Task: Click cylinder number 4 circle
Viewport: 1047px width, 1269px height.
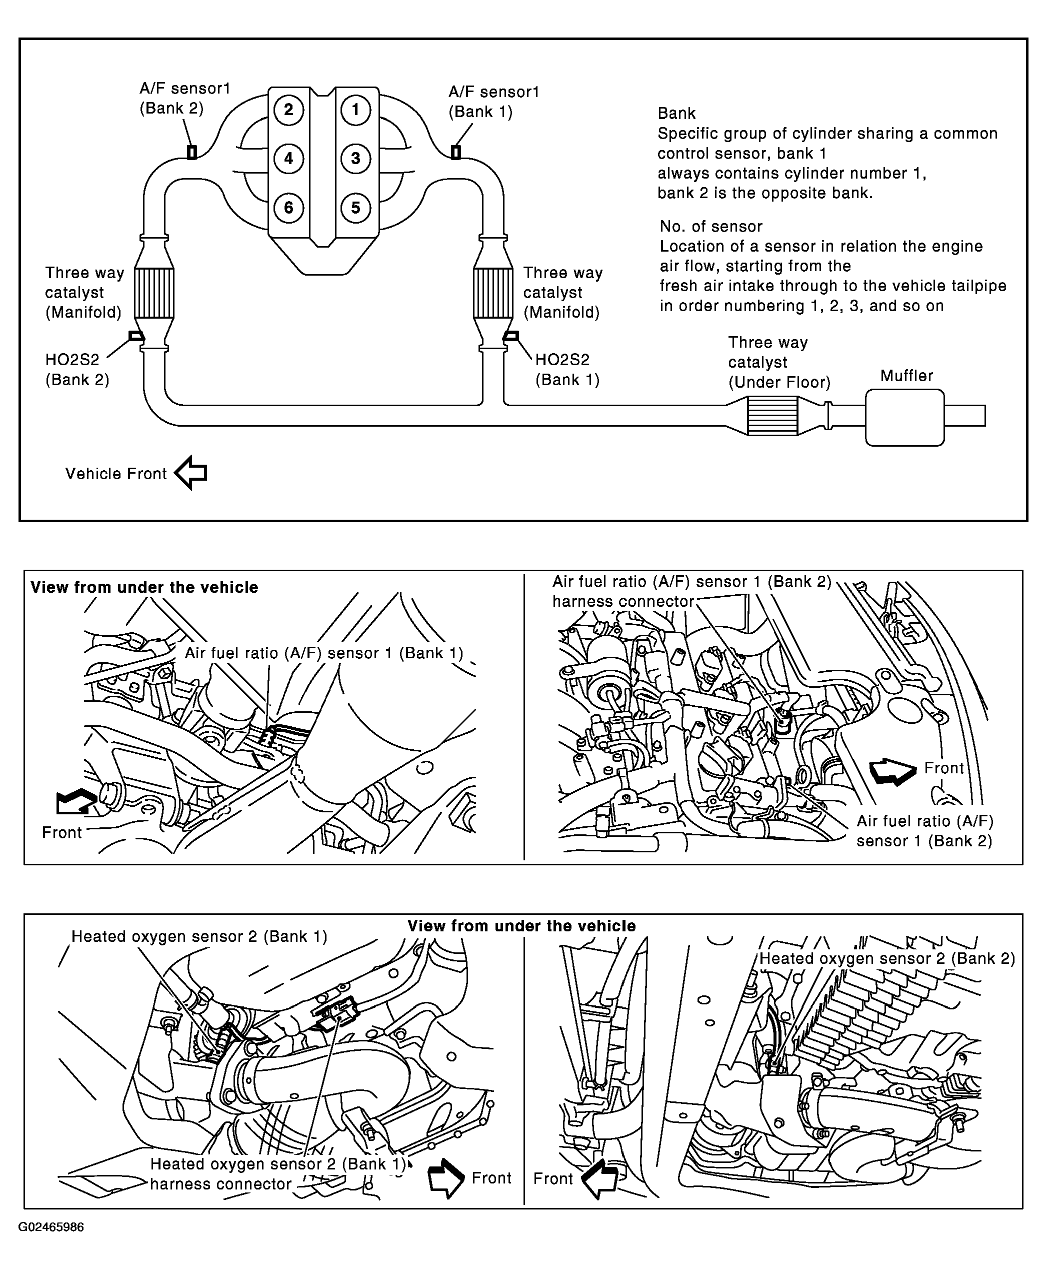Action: [288, 159]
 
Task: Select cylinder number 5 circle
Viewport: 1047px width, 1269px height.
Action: [355, 208]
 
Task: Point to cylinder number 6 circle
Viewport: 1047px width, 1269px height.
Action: [288, 208]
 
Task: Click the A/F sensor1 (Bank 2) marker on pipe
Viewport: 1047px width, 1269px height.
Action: [192, 152]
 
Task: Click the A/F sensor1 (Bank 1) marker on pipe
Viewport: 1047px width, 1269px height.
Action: [456, 152]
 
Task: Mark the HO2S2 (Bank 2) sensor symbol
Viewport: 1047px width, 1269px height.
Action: [136, 336]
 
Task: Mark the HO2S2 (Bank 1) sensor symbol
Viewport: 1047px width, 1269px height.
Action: [511, 336]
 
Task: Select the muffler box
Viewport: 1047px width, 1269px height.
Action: [904, 417]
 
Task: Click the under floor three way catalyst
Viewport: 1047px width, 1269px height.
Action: [772, 416]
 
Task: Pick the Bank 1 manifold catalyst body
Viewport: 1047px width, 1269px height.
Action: [493, 293]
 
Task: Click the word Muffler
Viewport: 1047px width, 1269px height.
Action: [906, 376]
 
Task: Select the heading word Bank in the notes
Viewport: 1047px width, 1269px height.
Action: [676, 114]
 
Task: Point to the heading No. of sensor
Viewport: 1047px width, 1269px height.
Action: [710, 226]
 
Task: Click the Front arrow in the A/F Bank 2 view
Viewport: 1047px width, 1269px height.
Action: [891, 771]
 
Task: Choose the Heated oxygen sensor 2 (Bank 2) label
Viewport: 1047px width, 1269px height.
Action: [886, 958]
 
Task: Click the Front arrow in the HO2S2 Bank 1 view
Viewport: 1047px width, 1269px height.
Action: [445, 1178]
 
